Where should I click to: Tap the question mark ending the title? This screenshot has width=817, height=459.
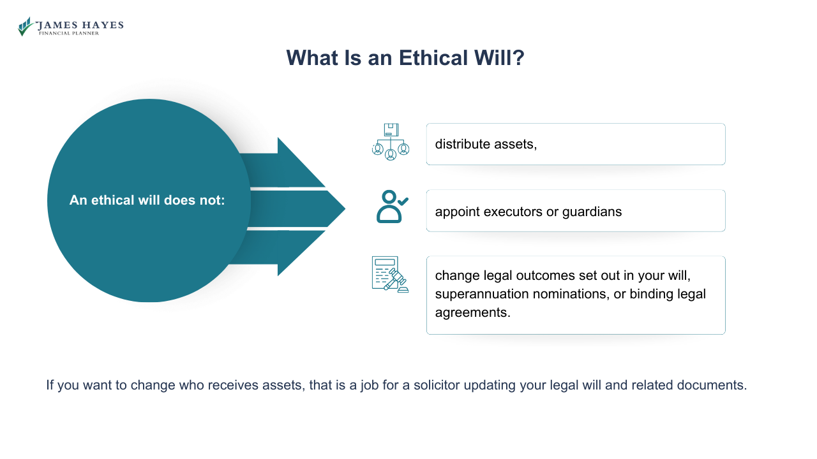(518, 58)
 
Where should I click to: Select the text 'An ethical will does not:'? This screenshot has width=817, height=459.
(147, 200)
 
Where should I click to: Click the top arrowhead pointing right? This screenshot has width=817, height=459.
(300, 163)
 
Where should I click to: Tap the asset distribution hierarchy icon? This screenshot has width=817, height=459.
(391, 142)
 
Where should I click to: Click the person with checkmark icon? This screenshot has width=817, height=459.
(391, 207)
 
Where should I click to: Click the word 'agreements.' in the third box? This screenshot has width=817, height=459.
(473, 312)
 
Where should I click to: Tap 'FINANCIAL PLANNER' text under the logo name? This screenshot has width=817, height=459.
(69, 33)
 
